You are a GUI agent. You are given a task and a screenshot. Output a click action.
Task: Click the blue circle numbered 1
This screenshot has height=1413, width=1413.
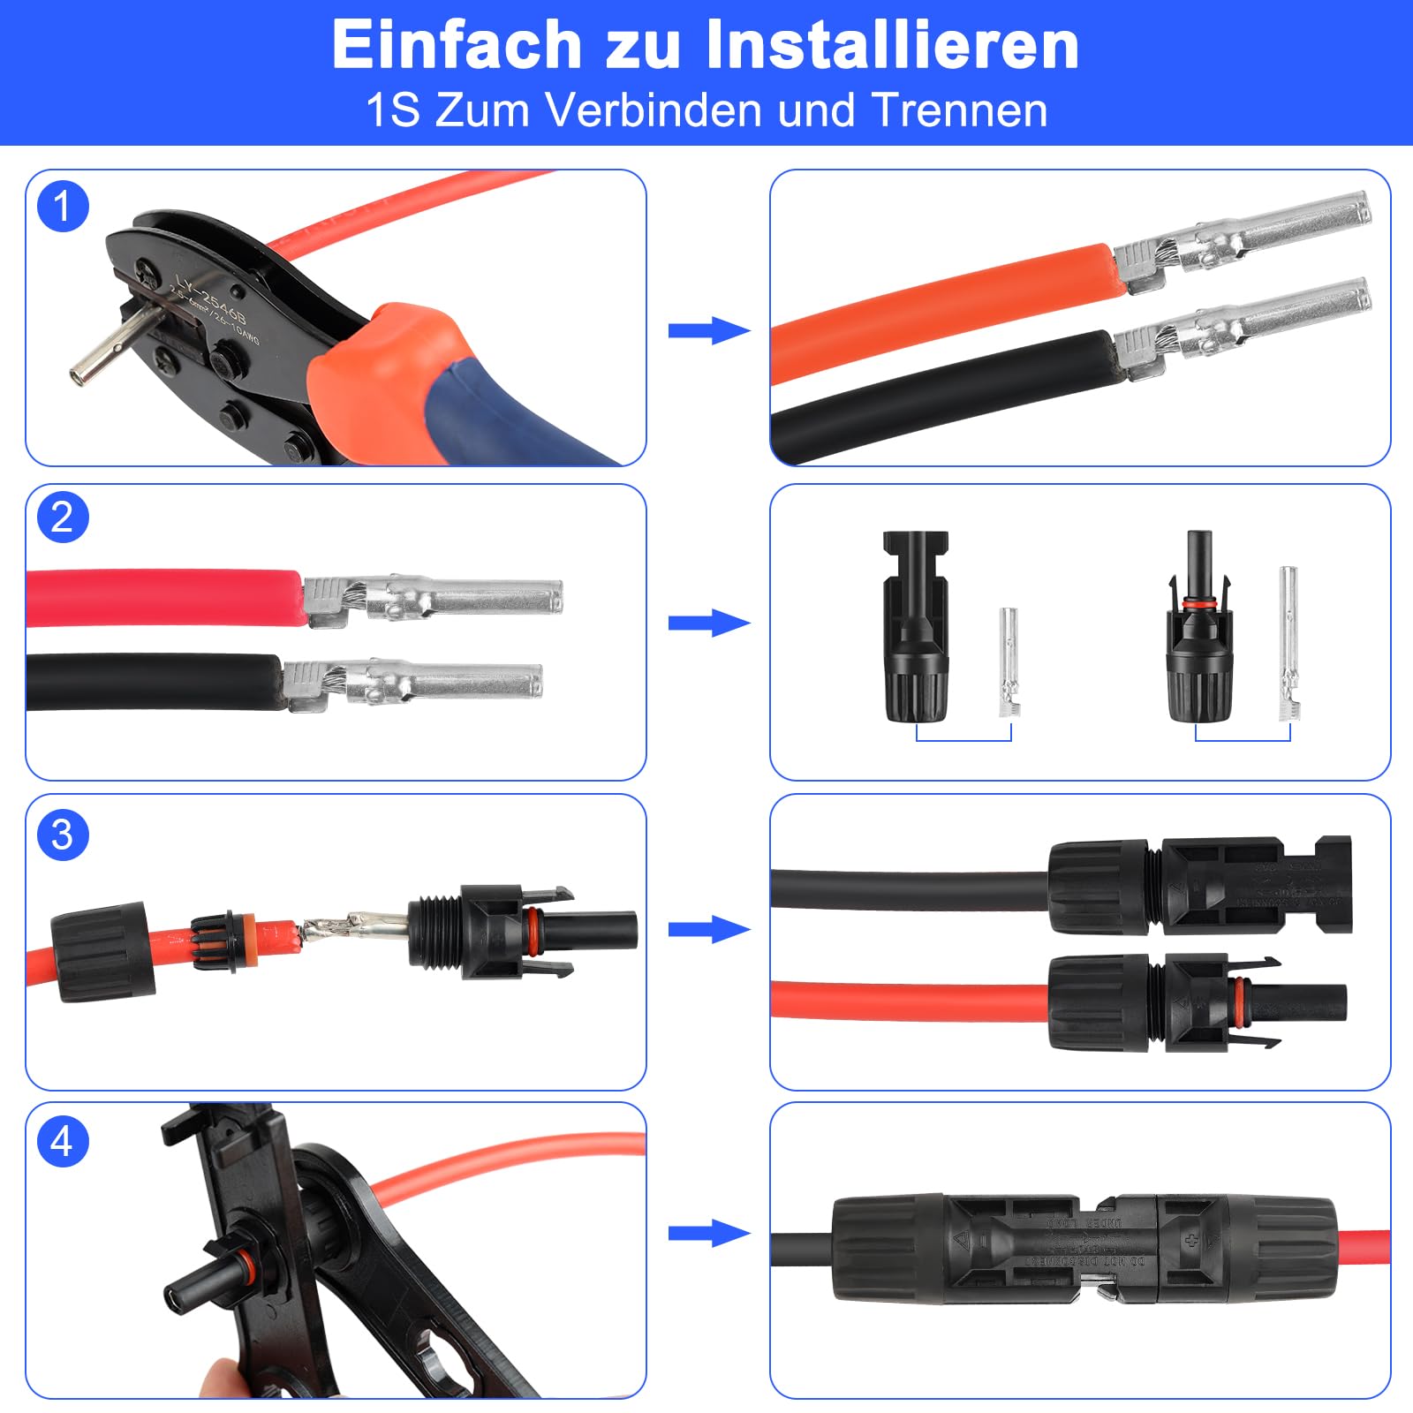tap(63, 207)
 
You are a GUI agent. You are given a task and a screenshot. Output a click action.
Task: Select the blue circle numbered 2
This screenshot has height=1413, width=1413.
tap(63, 517)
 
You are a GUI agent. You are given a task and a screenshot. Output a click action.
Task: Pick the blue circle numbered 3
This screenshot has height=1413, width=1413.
tap(63, 835)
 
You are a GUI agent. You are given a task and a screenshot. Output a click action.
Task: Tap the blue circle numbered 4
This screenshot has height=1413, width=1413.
tap(63, 1141)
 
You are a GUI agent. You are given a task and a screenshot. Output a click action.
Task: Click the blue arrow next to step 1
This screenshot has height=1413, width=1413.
tap(708, 331)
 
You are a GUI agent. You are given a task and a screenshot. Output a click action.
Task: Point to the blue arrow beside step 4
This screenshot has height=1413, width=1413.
tap(708, 1234)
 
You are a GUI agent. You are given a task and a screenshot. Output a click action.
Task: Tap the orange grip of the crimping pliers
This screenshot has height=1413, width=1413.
tap(380, 371)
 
